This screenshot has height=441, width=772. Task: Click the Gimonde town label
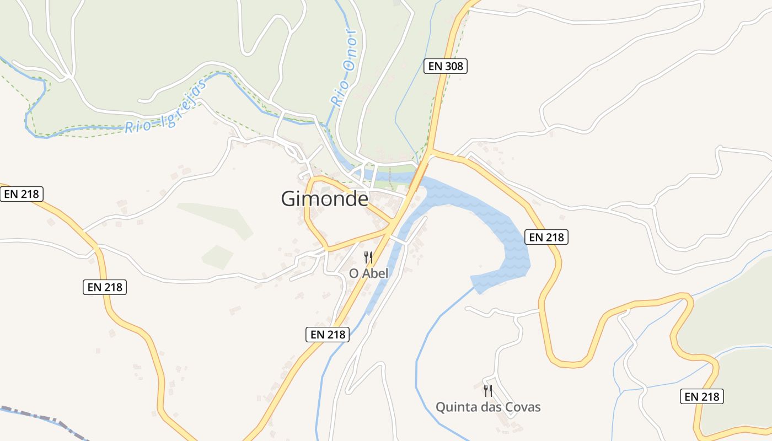click(x=324, y=198)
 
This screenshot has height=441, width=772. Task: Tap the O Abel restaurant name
click(x=369, y=273)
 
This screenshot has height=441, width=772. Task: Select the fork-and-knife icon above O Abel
click(x=368, y=257)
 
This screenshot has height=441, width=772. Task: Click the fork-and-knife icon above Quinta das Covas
click(x=487, y=391)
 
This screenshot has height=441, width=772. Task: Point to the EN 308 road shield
click(x=446, y=67)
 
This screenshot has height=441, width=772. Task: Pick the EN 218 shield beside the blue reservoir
click(x=546, y=237)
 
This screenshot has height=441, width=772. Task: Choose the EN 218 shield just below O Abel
click(x=328, y=334)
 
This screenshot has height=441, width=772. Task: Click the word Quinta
click(x=454, y=407)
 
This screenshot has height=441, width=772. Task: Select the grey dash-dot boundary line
click(x=44, y=417)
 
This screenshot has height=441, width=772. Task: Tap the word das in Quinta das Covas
click(x=491, y=407)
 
